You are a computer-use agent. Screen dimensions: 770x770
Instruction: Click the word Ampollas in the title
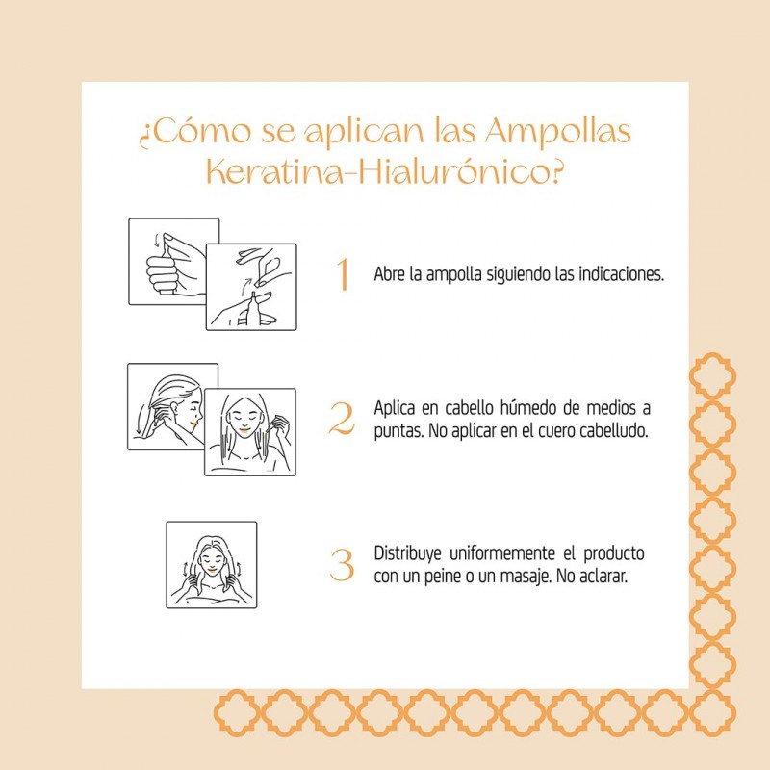[x=558, y=132]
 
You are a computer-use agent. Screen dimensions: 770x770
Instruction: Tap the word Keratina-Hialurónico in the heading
[x=383, y=172]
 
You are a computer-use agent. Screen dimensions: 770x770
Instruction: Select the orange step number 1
[x=344, y=274]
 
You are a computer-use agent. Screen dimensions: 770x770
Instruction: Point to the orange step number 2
[x=342, y=419]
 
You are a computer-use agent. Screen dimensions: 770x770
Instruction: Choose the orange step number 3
[x=342, y=564]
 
